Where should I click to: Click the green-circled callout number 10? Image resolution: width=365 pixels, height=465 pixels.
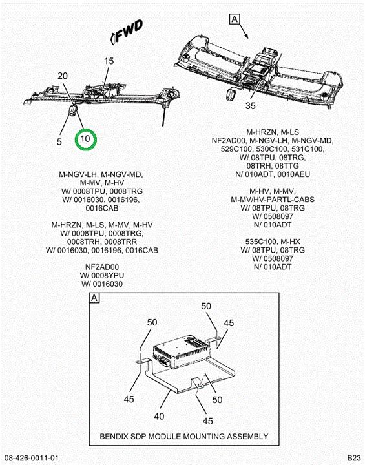(x=85, y=139)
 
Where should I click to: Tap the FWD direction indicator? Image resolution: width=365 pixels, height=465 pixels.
(x=127, y=32)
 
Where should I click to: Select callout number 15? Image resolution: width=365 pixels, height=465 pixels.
(x=109, y=61)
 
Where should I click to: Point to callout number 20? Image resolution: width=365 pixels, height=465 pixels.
(x=63, y=76)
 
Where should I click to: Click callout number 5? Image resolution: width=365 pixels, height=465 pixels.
(x=59, y=141)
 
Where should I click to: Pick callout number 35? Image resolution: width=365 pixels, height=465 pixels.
(x=251, y=105)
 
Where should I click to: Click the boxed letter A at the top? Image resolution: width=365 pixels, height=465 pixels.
(x=235, y=19)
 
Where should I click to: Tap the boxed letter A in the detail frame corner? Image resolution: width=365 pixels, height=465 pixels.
(x=94, y=298)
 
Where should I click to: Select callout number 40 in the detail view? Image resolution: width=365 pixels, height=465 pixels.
(x=159, y=417)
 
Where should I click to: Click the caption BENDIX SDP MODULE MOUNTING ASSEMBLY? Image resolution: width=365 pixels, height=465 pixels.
(x=184, y=437)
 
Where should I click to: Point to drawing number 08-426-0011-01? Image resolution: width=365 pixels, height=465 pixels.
(x=32, y=458)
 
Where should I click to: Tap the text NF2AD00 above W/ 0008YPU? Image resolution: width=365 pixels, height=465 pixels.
(x=102, y=267)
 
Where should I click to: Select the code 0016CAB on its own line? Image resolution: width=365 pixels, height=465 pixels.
(x=102, y=208)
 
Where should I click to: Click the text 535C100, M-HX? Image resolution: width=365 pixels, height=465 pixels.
(x=273, y=242)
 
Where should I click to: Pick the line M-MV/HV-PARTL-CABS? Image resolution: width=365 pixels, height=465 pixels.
(x=273, y=200)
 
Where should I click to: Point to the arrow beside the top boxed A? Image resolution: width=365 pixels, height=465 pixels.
(x=244, y=31)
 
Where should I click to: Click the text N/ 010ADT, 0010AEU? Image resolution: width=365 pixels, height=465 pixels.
(x=273, y=174)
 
